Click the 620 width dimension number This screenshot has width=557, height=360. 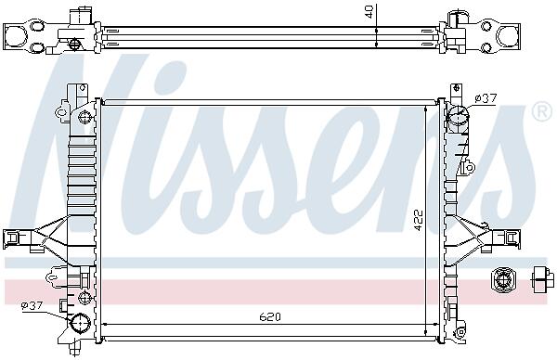[x=270, y=316]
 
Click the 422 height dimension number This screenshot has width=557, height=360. [x=420, y=220]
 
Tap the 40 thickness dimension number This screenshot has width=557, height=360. [x=369, y=11]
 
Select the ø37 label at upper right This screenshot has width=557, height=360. [x=486, y=98]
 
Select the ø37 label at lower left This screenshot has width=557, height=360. [x=32, y=305]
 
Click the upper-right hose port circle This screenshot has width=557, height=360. [x=458, y=115]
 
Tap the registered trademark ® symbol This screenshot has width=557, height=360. [x=542, y=112]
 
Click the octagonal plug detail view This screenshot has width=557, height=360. [x=501, y=280]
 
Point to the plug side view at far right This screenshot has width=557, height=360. [x=543, y=280]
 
